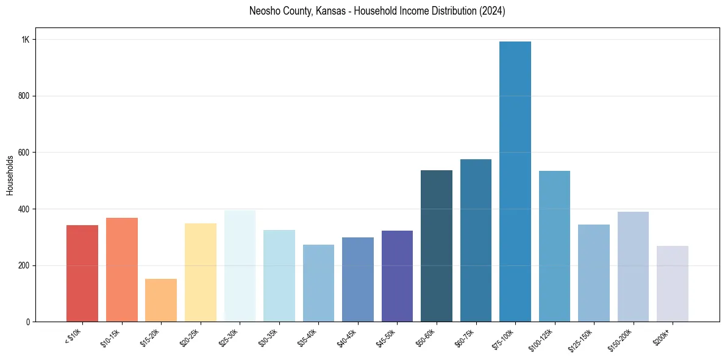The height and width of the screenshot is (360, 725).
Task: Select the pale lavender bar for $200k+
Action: click(673, 284)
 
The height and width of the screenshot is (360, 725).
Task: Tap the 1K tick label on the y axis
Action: click(26, 40)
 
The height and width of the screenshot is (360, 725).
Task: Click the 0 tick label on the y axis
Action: click(28, 322)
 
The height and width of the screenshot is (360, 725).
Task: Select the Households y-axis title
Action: click(10, 175)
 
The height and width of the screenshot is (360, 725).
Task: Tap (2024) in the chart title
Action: click(492, 11)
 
